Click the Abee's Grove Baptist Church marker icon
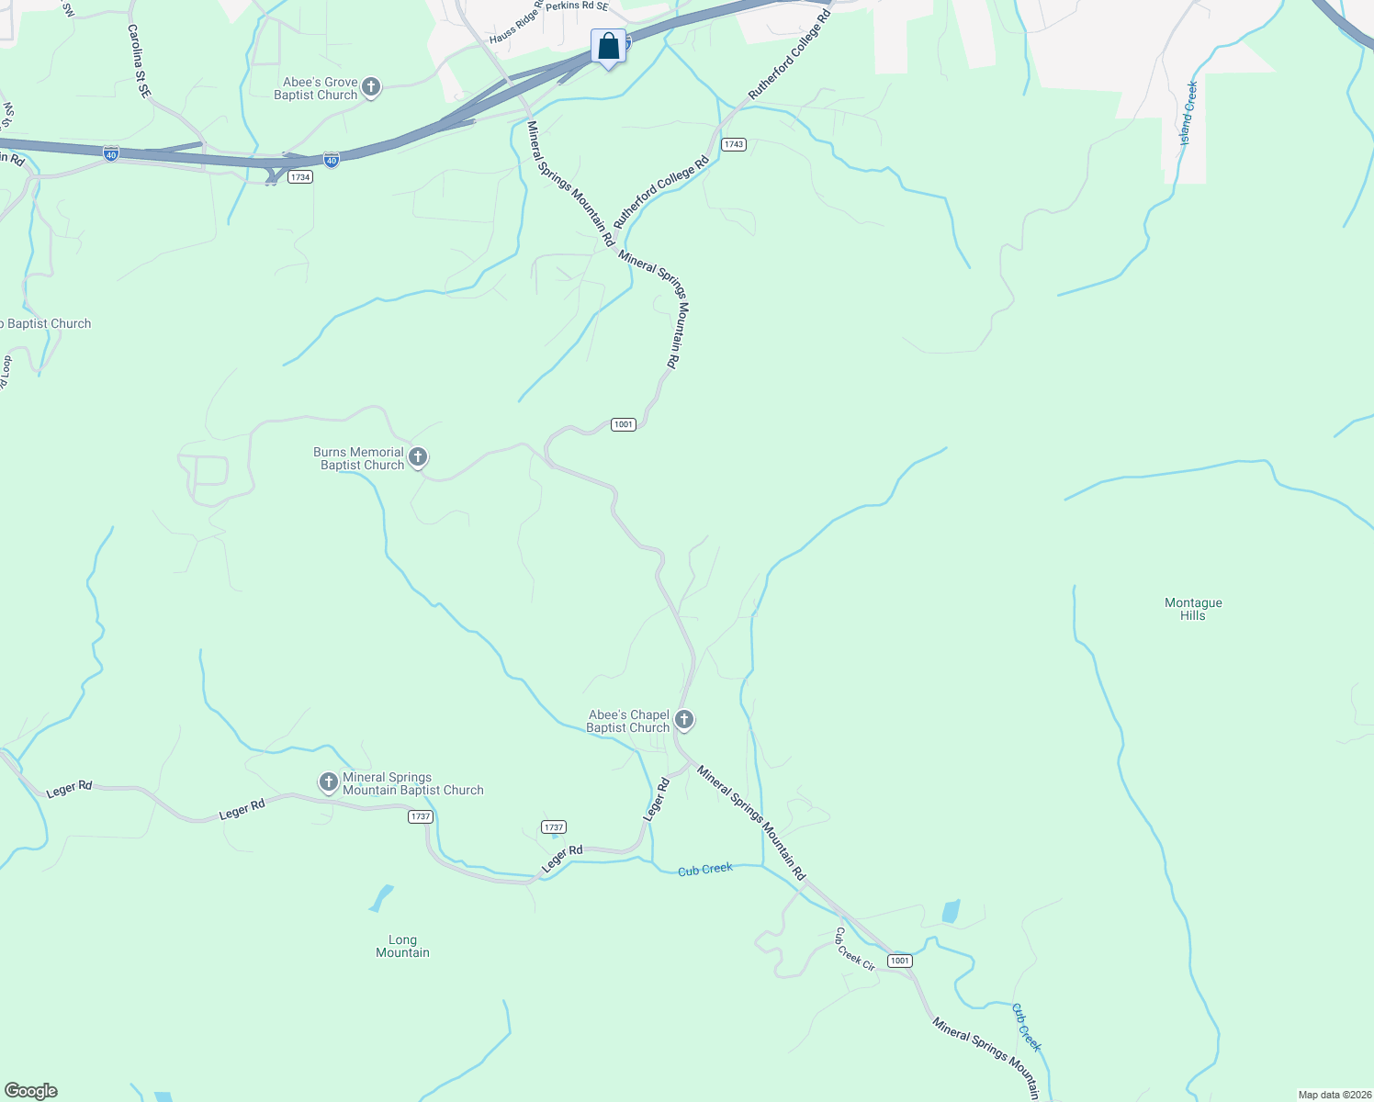point(370,87)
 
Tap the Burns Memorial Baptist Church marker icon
point(418,456)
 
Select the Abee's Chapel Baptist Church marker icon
point(683,719)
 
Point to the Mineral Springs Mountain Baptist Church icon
point(329,782)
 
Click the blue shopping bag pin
point(608,46)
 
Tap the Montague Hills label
point(1193,609)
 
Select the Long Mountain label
point(402,946)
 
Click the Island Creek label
point(1188,113)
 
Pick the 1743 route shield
point(733,144)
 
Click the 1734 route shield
point(300,176)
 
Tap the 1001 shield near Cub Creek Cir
point(899,961)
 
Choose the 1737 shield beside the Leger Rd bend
point(554,826)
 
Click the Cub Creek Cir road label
point(854,949)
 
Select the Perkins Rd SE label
point(577,6)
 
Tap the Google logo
point(30,1091)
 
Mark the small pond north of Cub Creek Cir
point(951,911)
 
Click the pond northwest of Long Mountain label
point(380,897)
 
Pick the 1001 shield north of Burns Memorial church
point(624,424)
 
